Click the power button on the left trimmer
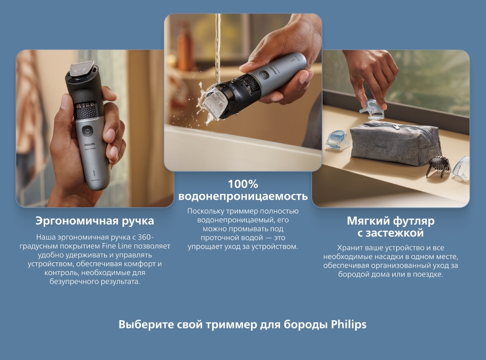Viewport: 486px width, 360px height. tap(87, 131)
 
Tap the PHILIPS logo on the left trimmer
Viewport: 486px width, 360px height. tap(89, 144)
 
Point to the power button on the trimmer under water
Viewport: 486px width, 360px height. tap(263, 75)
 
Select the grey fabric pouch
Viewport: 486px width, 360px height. tap(395, 142)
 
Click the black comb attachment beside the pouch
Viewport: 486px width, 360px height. tap(438, 166)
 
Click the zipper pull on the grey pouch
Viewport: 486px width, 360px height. tap(396, 127)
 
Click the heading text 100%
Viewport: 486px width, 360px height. tap(243, 184)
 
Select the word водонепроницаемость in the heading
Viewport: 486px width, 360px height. tap(243, 196)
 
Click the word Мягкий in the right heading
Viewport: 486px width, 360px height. tap(367, 221)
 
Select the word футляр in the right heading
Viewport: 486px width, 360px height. tap(414, 221)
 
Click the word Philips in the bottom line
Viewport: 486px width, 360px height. tap(348, 325)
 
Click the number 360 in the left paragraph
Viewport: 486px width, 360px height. tap(144, 237)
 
